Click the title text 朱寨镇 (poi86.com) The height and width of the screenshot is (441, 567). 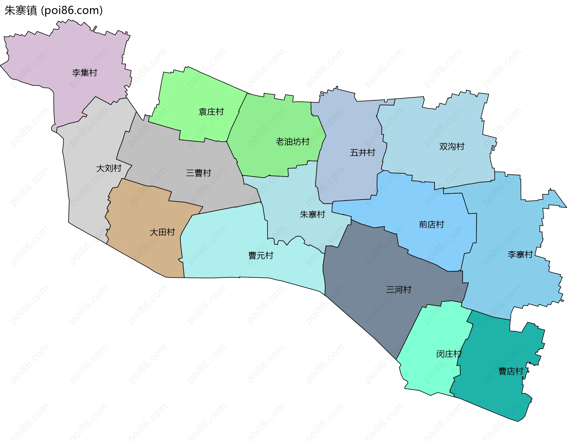click(x=53, y=10)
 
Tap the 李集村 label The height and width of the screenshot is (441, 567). click(x=84, y=72)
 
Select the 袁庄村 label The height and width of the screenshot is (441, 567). click(x=211, y=112)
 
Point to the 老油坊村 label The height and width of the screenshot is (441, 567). click(x=292, y=142)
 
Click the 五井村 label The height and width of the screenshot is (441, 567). click(x=362, y=153)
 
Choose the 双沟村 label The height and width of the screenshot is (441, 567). click(x=452, y=146)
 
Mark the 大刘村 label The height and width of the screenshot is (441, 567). click(x=109, y=168)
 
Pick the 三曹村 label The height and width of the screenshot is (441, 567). click(x=198, y=173)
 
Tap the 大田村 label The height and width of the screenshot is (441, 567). click(x=162, y=232)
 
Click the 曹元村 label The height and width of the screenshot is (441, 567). click(x=261, y=256)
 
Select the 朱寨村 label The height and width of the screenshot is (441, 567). click(x=312, y=214)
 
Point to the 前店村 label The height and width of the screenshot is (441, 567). click(x=431, y=224)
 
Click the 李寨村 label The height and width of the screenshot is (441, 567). click(x=520, y=254)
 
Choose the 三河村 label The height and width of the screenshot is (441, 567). click(x=399, y=290)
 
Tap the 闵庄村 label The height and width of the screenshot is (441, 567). click(x=449, y=354)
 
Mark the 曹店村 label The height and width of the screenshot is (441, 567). click(x=511, y=371)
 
